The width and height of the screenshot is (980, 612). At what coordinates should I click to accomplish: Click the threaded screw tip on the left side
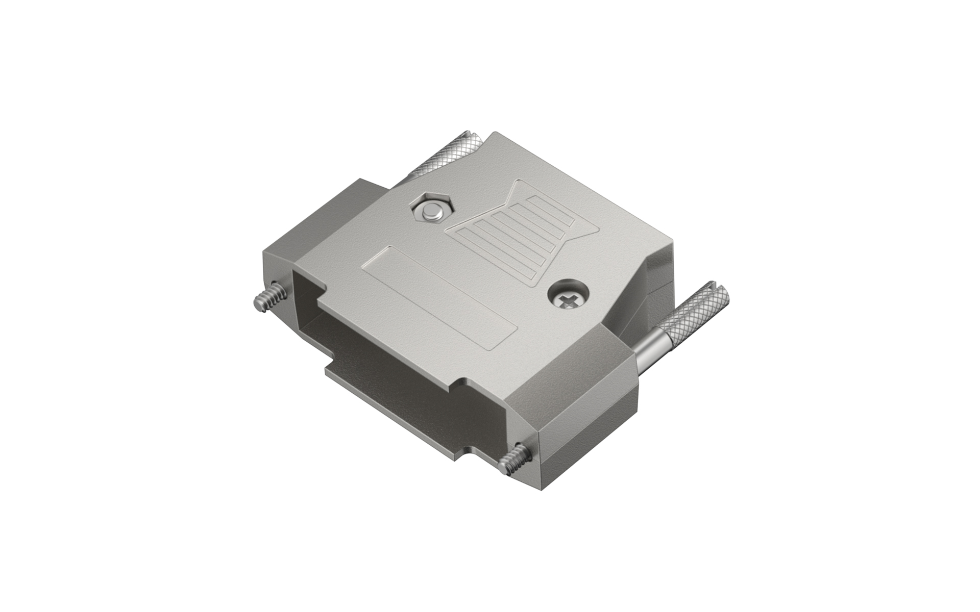(x=265, y=300)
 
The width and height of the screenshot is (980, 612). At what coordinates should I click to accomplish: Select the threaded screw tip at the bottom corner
(x=512, y=458)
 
